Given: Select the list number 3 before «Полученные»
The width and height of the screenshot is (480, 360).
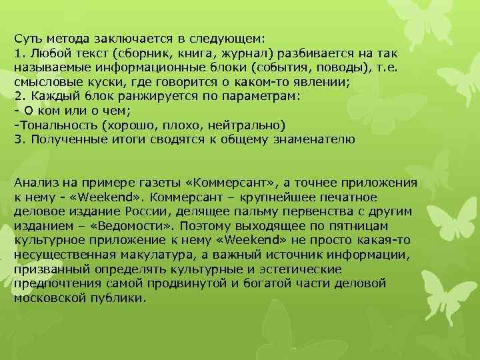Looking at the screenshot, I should pos(17,139).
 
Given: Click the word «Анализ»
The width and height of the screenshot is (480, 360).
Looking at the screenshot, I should pos(33,183).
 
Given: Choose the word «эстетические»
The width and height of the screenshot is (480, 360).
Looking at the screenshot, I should pos(301,270).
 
